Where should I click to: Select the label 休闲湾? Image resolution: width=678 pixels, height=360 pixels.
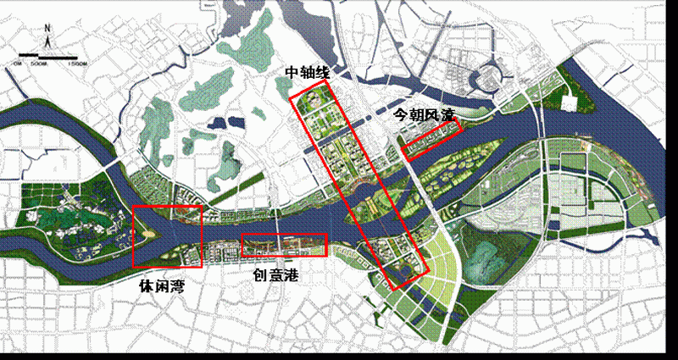pos(162,287)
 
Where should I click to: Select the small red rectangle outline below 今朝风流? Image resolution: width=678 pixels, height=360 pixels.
pos(431,139)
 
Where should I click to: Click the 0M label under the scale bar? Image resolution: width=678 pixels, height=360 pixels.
pos(16,64)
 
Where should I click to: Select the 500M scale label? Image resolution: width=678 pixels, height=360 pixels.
pos(40,64)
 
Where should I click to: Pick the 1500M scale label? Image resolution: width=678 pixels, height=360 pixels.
pos(77,64)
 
